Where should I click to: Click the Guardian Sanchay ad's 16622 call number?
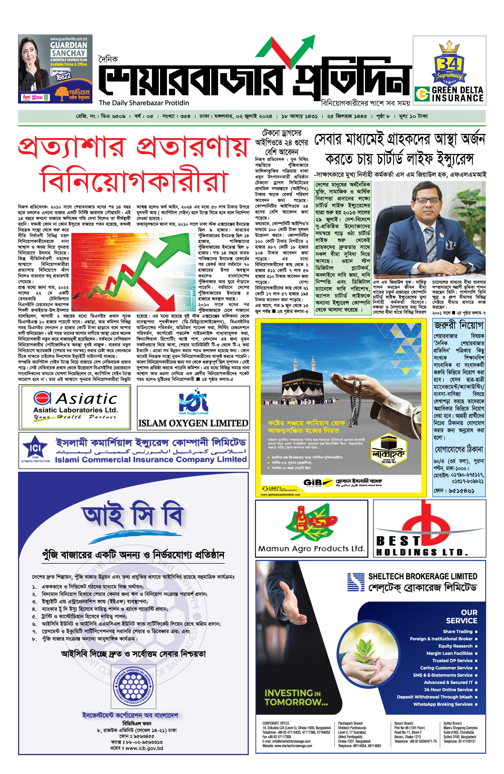point(63,76)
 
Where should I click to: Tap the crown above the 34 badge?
point(449,46)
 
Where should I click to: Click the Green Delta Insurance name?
point(457,94)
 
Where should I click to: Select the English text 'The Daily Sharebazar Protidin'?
point(144,103)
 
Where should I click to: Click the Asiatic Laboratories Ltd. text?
point(75,410)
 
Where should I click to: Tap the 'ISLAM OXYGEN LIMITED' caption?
point(193,423)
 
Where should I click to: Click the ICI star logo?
point(34,449)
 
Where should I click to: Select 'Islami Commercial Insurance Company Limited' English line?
point(151,460)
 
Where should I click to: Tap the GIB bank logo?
point(313,482)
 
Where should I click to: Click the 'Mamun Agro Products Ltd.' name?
point(311,549)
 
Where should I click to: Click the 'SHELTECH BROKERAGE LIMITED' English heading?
point(423,576)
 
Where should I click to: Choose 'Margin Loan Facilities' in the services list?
point(449,653)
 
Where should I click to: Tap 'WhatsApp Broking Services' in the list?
point(443,704)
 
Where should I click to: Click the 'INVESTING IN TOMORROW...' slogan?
point(296,698)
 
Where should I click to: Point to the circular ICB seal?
point(133,686)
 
